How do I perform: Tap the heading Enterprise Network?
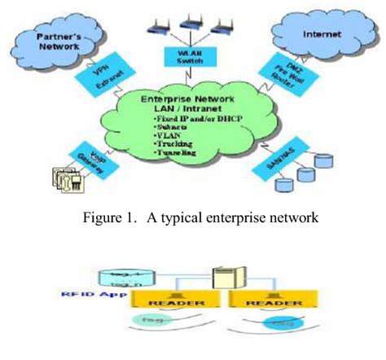coord(193,99)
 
